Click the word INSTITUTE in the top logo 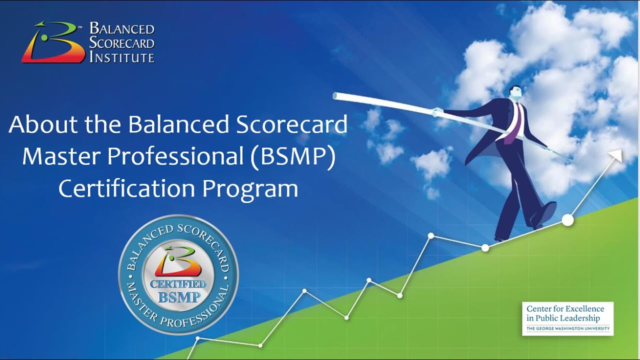click(x=121, y=57)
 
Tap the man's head click(x=515, y=93)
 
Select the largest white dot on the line click(x=567, y=219)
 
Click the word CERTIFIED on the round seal click(x=178, y=283)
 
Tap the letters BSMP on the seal click(x=178, y=297)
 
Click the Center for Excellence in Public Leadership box click(x=567, y=318)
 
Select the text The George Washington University click(x=567, y=328)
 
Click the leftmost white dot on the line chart click(x=197, y=338)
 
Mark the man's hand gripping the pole click(x=438, y=110)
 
